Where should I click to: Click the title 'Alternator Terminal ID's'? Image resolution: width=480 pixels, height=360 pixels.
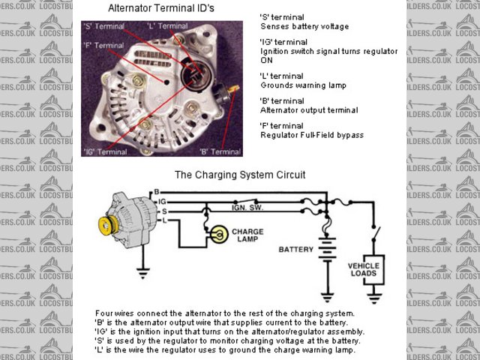pos(161,9)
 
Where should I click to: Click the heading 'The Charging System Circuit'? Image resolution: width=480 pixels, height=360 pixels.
pos(240,175)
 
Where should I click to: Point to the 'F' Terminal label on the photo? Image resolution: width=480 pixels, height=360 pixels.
pos(105,46)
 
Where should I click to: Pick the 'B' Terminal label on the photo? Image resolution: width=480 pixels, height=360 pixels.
pos(220,151)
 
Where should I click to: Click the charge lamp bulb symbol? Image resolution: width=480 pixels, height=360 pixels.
pos(218,235)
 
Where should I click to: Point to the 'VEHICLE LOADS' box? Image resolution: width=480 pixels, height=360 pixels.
pos(364,270)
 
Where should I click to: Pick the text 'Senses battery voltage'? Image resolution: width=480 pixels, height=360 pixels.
pos(294,26)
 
